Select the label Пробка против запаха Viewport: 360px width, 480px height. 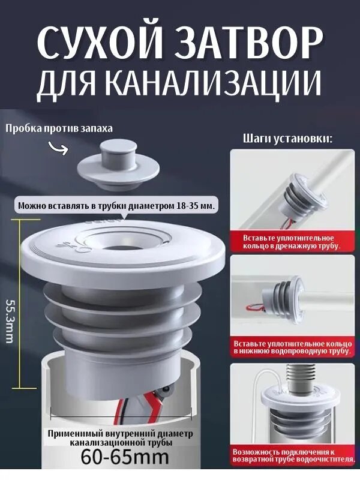[x=59, y=128]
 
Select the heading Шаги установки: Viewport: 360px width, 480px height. [x=287, y=139]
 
